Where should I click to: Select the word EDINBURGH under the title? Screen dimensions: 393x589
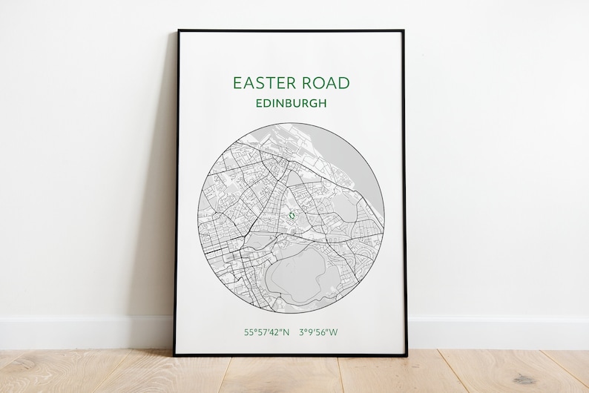coord(291,104)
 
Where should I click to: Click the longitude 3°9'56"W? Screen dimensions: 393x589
coord(318,332)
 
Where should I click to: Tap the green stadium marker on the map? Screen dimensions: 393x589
coord(292,216)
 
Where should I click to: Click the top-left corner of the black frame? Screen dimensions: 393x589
coord(178,31)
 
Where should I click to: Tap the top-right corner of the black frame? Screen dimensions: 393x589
coord(404,31)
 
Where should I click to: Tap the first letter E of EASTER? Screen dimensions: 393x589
coord(237,83)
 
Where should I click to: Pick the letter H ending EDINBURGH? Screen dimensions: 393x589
coord(323,104)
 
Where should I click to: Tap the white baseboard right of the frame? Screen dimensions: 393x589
coord(497,333)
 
